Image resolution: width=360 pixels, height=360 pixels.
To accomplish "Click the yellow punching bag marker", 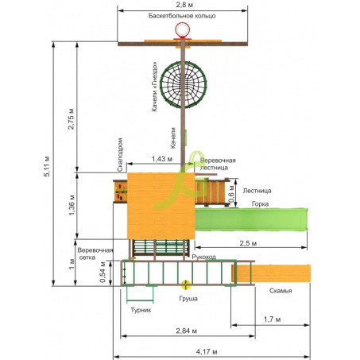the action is [186, 285].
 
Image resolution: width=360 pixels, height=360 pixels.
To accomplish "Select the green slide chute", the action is [251, 219].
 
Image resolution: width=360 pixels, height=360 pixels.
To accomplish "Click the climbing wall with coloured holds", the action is [120, 192].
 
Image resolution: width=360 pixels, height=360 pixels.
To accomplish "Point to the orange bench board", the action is [271, 273].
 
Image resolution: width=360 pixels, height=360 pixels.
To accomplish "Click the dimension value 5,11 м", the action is [47, 166].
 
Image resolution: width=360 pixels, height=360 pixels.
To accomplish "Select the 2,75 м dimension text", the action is [71, 118].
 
